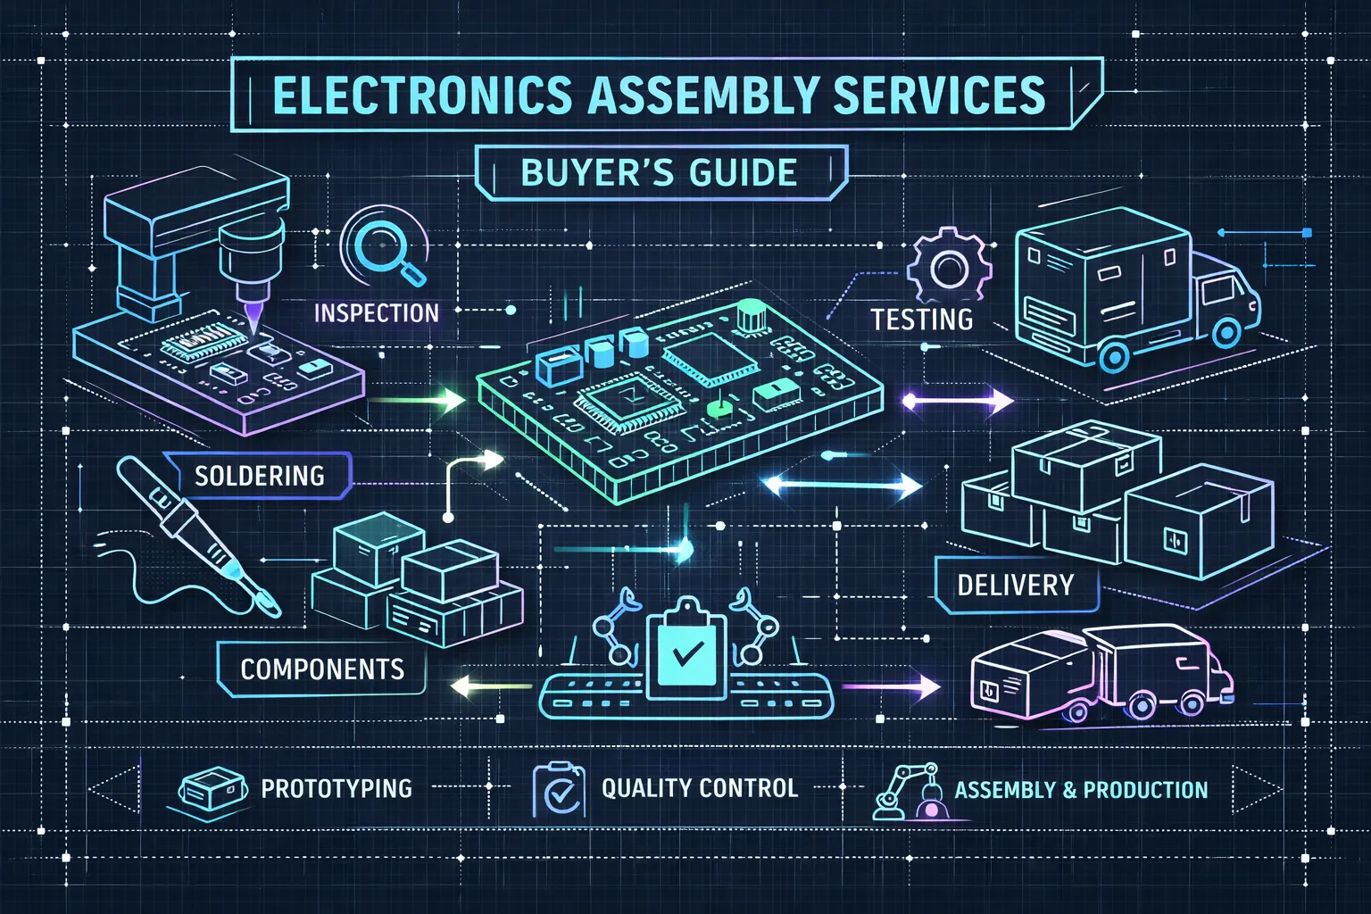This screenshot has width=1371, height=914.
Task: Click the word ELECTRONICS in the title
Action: point(421,96)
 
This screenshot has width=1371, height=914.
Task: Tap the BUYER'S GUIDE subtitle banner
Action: point(659,172)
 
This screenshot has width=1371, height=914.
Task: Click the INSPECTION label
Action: point(376,313)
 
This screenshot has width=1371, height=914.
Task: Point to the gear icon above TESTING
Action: point(948,266)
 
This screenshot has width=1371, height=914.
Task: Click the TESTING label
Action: point(921,320)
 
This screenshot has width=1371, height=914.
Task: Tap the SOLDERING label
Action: point(259,476)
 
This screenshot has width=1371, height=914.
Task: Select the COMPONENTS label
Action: point(321,669)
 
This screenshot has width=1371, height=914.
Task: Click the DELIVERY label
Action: point(1015,586)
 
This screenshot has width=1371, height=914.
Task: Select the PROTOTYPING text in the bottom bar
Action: point(337,789)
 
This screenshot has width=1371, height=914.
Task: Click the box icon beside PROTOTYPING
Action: point(212,790)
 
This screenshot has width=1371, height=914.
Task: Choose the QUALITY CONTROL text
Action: point(699,788)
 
